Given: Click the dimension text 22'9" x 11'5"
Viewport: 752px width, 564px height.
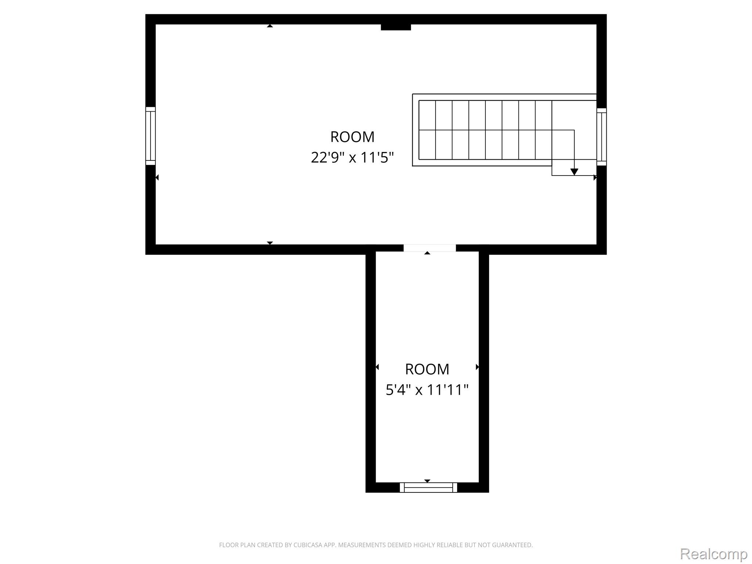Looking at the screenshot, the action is tap(352, 158).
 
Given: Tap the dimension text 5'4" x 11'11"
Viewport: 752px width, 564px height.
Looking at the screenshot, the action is tap(427, 390).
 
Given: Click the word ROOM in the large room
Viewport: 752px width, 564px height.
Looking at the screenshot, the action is tap(352, 137).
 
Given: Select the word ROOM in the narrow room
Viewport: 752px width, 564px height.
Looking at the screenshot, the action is tap(427, 369).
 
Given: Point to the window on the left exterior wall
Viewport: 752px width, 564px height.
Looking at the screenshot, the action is tap(151, 136).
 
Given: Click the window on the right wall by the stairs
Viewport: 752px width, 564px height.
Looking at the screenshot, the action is tap(601, 137).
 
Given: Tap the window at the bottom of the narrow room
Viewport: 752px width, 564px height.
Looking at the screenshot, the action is tap(429, 487).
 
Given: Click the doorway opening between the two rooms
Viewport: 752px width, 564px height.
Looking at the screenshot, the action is tap(430, 248).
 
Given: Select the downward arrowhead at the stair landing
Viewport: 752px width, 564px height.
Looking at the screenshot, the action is tap(574, 172).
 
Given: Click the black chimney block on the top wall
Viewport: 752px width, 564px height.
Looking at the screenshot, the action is tap(396, 27).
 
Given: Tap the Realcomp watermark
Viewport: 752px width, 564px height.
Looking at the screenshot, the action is tap(714, 554).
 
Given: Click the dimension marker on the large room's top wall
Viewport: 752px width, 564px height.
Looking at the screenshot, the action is tap(270, 26).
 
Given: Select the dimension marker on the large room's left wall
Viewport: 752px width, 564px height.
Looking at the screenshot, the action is tap(157, 178).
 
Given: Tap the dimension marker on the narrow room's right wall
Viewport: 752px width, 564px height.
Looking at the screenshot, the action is tap(477, 367).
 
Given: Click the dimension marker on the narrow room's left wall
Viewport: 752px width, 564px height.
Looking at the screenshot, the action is tap(377, 367).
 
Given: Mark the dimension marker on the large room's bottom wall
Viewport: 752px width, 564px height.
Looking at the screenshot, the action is tap(270, 243).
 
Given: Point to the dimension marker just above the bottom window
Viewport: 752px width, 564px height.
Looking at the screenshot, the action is tap(427, 481).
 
